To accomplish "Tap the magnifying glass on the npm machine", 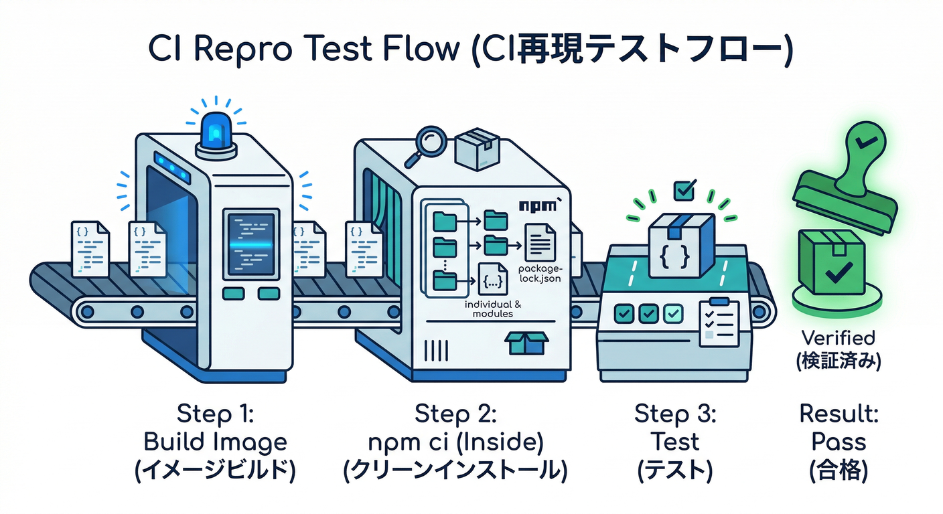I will tap(428, 143).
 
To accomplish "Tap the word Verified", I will tap(838, 338).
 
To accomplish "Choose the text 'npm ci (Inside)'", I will tap(455, 443).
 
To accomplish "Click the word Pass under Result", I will tap(838, 443).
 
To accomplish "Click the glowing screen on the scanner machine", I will tap(250, 245).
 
